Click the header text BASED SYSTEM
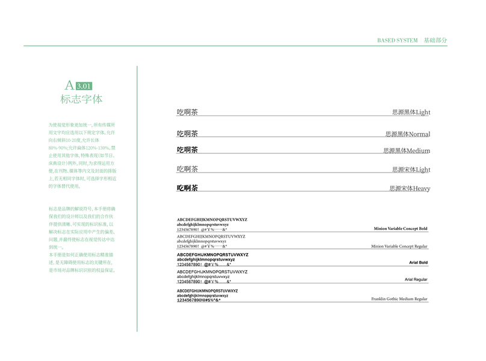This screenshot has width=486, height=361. (397, 40)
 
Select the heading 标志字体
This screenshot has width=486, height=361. (82, 99)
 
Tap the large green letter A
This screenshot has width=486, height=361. (69, 85)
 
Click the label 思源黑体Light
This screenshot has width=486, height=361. (411, 112)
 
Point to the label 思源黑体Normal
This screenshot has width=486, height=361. (408, 134)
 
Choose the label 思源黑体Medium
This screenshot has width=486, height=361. (407, 150)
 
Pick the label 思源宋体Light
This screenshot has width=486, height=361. (411, 170)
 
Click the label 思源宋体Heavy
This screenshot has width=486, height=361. (410, 188)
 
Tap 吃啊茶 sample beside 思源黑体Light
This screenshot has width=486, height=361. (187, 112)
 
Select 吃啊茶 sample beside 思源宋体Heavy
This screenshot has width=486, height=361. (187, 188)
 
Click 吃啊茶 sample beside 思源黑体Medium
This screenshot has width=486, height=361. (187, 150)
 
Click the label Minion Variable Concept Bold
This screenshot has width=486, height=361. (400, 229)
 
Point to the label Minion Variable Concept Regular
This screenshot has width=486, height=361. (399, 246)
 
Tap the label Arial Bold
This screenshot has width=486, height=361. (418, 263)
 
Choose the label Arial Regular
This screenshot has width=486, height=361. (416, 280)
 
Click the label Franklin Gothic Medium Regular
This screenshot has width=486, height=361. (399, 299)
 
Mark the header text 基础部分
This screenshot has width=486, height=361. (435, 40)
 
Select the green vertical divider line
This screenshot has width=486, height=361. (137, 199)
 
